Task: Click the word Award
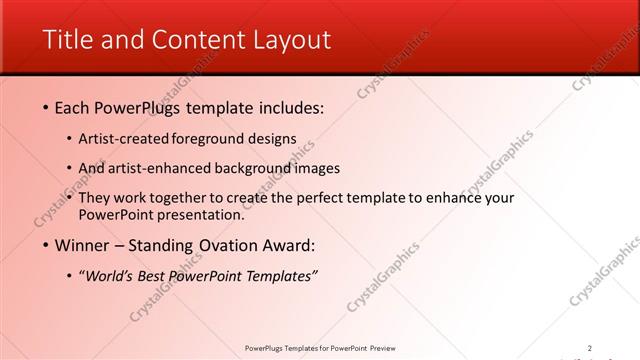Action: click(287, 245)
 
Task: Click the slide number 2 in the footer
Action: click(589, 348)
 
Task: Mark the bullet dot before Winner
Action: click(46, 245)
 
